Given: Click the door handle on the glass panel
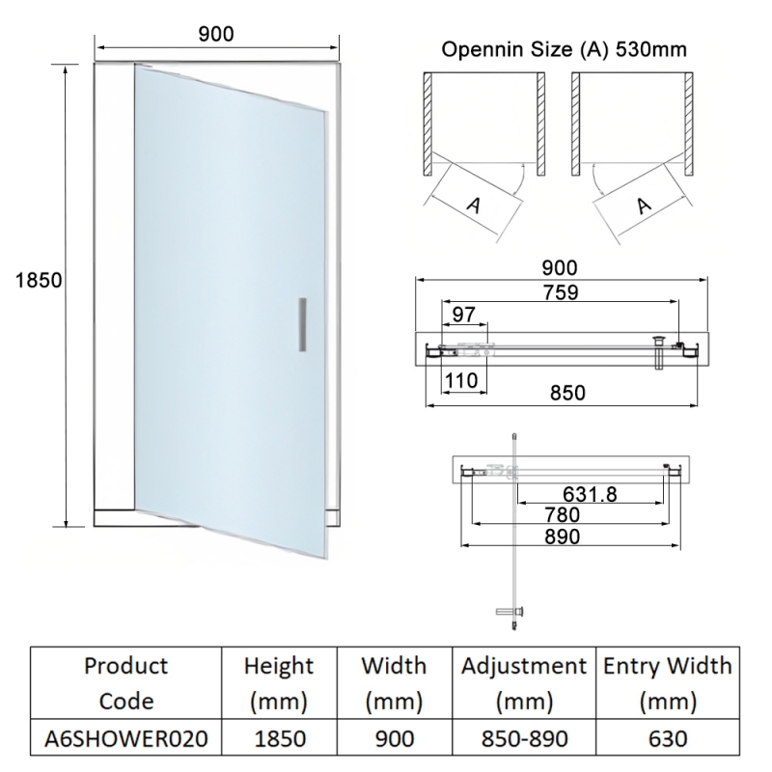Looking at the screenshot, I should pos(302,324).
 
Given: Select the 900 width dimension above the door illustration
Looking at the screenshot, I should pos(216,34).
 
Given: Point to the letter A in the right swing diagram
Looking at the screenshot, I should pos(644,205).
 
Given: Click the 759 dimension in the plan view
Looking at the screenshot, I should pos(560,293).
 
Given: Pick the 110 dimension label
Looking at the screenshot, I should pos(463,380).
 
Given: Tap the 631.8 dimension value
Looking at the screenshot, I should pos(591,495).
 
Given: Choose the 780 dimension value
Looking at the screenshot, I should pos(561,516).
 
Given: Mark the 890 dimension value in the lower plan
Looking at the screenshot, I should pos(561,538).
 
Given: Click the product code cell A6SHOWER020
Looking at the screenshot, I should pos(125,738).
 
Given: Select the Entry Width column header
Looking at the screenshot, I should pos(667,682).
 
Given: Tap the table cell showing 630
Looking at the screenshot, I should pos(667,738).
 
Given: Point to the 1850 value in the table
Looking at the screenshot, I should pos(278,738).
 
